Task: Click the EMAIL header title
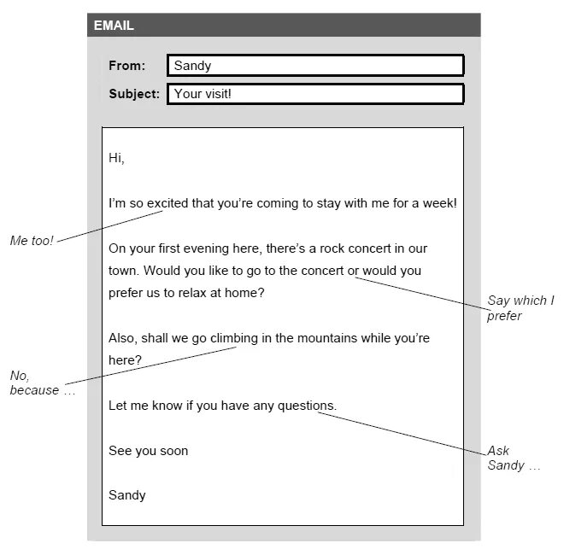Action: point(114,26)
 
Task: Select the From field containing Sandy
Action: point(314,66)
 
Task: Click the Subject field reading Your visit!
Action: point(314,94)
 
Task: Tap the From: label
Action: point(126,66)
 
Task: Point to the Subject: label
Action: point(134,94)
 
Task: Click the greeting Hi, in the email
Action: point(116,158)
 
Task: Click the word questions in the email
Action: point(307,406)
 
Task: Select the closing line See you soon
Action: point(148,451)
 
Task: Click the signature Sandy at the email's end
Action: point(126,495)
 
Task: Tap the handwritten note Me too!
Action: point(32,241)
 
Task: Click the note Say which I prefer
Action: point(520,308)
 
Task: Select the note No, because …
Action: point(42,383)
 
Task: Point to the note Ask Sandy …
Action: point(514,459)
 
